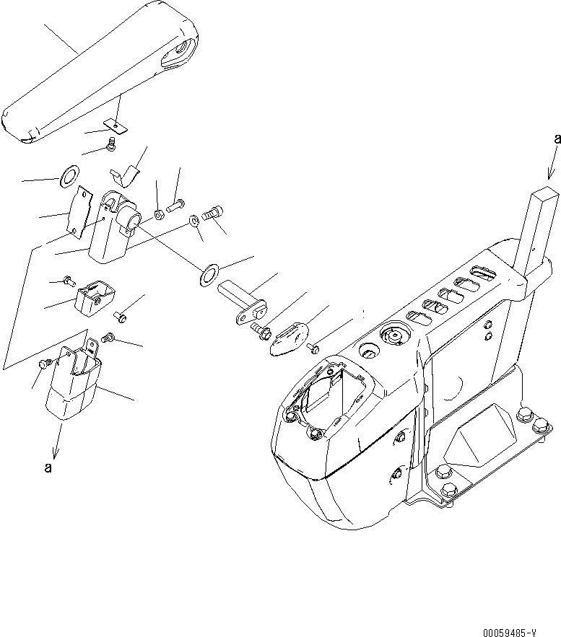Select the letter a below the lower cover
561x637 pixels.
click(48, 467)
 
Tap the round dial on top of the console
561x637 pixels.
click(393, 336)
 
